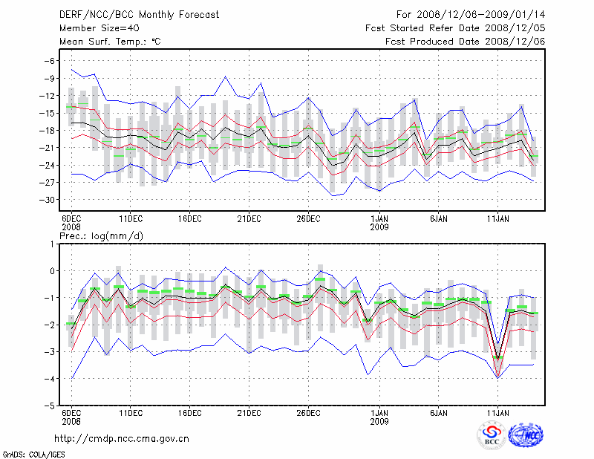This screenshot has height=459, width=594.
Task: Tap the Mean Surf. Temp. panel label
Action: point(110,42)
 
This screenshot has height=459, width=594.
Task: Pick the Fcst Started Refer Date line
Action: point(456,27)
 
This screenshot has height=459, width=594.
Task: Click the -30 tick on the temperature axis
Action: point(48,200)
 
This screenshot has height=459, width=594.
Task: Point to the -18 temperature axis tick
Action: point(48,130)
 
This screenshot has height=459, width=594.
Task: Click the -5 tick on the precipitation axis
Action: point(50,406)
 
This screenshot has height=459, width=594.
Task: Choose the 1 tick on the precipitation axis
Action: point(53,244)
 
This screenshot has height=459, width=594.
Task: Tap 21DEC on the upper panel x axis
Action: point(249,219)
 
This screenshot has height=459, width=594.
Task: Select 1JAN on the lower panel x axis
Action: point(379,412)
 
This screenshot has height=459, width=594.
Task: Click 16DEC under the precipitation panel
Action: point(189,412)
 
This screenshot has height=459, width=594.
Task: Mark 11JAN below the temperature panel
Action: point(497,219)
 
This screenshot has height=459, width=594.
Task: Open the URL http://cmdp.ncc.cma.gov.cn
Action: point(123,438)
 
